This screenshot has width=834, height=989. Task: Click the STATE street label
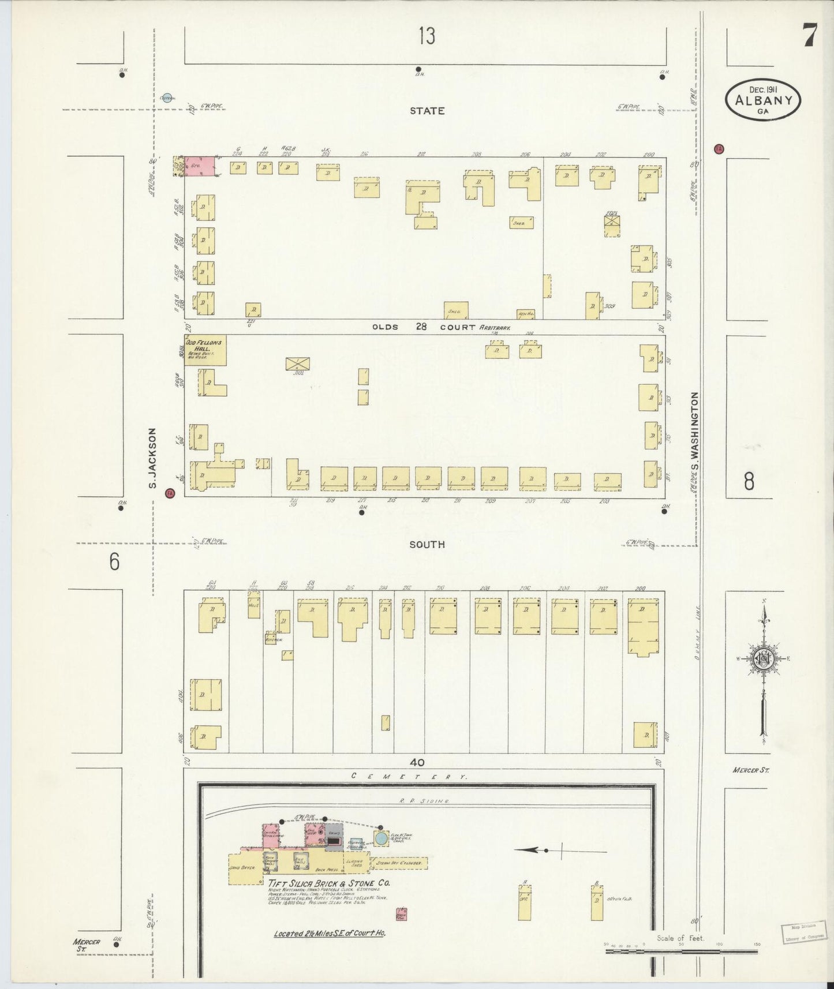[427, 110]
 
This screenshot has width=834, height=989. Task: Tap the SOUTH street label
[427, 544]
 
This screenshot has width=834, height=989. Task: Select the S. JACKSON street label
[153, 458]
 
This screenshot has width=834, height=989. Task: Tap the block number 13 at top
[427, 36]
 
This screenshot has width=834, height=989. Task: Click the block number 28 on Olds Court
[421, 327]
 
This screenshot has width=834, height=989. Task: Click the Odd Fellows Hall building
[205, 350]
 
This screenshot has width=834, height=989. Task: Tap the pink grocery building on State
[200, 166]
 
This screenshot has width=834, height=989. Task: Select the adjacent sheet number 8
[749, 481]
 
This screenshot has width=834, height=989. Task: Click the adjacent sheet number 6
[114, 561]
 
